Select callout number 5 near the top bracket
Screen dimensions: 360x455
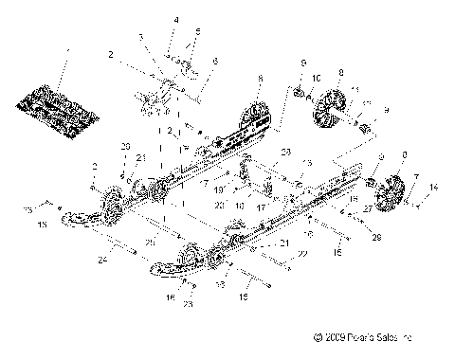(x=197, y=32)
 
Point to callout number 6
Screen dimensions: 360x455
(x=216, y=61)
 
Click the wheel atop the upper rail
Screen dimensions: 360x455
(x=257, y=117)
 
